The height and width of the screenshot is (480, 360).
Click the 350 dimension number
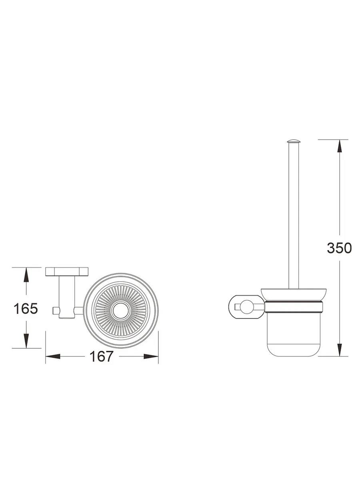pyautogui.click(x=339, y=248)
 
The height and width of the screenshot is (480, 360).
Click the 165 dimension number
pyautogui.click(x=26, y=308)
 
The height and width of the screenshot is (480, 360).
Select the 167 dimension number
pyautogui.click(x=102, y=356)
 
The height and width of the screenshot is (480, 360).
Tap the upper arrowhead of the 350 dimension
pyautogui.click(x=339, y=146)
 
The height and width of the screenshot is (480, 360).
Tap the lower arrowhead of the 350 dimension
pyautogui.click(x=339, y=350)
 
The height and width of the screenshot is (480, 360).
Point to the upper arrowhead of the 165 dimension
pyautogui.click(x=26, y=274)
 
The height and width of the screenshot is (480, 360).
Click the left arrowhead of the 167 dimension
pyautogui.click(x=52, y=356)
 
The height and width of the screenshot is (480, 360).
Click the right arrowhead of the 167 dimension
pyautogui.click(x=151, y=356)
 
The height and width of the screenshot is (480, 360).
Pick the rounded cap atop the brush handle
pyautogui.click(x=294, y=141)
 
